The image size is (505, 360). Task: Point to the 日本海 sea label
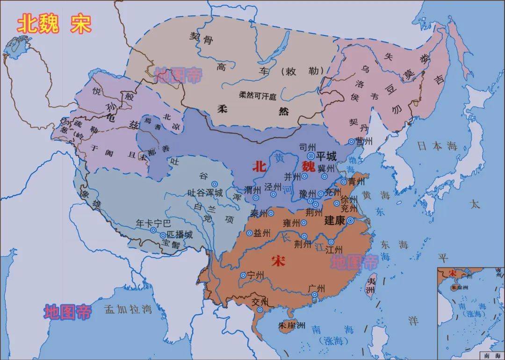(437, 146)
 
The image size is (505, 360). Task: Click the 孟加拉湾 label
(121, 309)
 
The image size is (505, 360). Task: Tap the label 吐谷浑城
(205, 193)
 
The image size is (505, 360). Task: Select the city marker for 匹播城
(163, 236)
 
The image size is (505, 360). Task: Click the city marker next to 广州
(315, 295)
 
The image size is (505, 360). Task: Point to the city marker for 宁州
(243, 275)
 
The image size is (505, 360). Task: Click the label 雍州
(292, 223)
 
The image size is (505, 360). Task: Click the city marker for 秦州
(271, 213)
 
